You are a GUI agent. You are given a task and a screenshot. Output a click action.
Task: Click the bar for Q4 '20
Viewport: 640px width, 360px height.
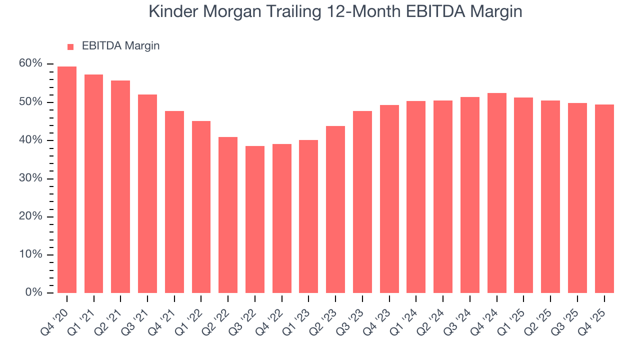point(67,179)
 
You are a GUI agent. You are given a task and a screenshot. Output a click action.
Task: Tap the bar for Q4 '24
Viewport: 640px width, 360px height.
point(496,193)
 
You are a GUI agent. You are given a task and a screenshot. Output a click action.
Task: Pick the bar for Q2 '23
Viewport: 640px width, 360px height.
point(335,209)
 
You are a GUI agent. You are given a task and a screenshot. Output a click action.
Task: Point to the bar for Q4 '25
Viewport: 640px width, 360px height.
point(604,198)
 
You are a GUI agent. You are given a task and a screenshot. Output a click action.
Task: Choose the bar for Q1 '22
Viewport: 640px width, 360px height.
point(201,207)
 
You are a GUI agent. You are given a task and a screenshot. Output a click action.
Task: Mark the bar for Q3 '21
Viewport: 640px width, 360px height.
point(147,193)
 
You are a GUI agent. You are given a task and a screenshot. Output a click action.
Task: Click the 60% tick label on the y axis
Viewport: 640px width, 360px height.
point(31,64)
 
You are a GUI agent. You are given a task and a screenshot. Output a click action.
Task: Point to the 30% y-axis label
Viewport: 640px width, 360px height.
point(31,178)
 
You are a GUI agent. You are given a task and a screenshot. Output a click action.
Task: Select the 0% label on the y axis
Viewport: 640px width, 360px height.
point(34,293)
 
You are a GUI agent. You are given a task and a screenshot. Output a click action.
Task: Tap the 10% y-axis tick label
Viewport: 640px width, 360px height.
point(31,255)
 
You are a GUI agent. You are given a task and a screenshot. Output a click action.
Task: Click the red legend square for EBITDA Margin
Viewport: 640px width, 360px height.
point(70,46)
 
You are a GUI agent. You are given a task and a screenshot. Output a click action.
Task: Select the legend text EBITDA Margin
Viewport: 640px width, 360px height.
point(120,46)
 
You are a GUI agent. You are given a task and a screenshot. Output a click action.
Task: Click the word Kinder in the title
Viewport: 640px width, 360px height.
point(170,11)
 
